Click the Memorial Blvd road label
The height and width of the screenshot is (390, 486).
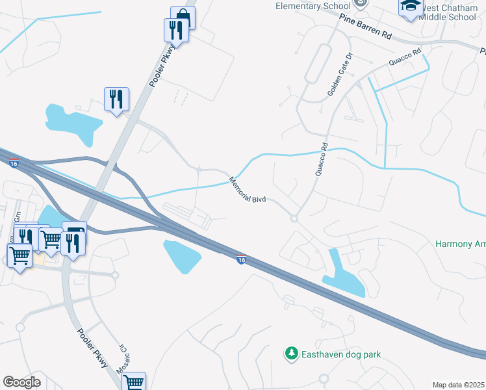248,189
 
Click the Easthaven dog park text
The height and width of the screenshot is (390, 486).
340,354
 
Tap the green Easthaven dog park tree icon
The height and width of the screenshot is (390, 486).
292,354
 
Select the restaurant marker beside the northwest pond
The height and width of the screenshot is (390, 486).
116,99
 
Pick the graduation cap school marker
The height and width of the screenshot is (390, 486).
410,6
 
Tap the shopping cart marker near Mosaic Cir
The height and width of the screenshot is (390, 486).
133,382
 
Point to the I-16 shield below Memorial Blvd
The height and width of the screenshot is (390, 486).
241,259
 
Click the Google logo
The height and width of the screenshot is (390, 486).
21,382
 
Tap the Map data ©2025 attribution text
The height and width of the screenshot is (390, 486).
458,385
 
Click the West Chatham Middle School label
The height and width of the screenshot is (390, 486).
448,12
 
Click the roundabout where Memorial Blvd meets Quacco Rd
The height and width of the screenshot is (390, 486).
294,218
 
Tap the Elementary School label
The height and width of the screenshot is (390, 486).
314,6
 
